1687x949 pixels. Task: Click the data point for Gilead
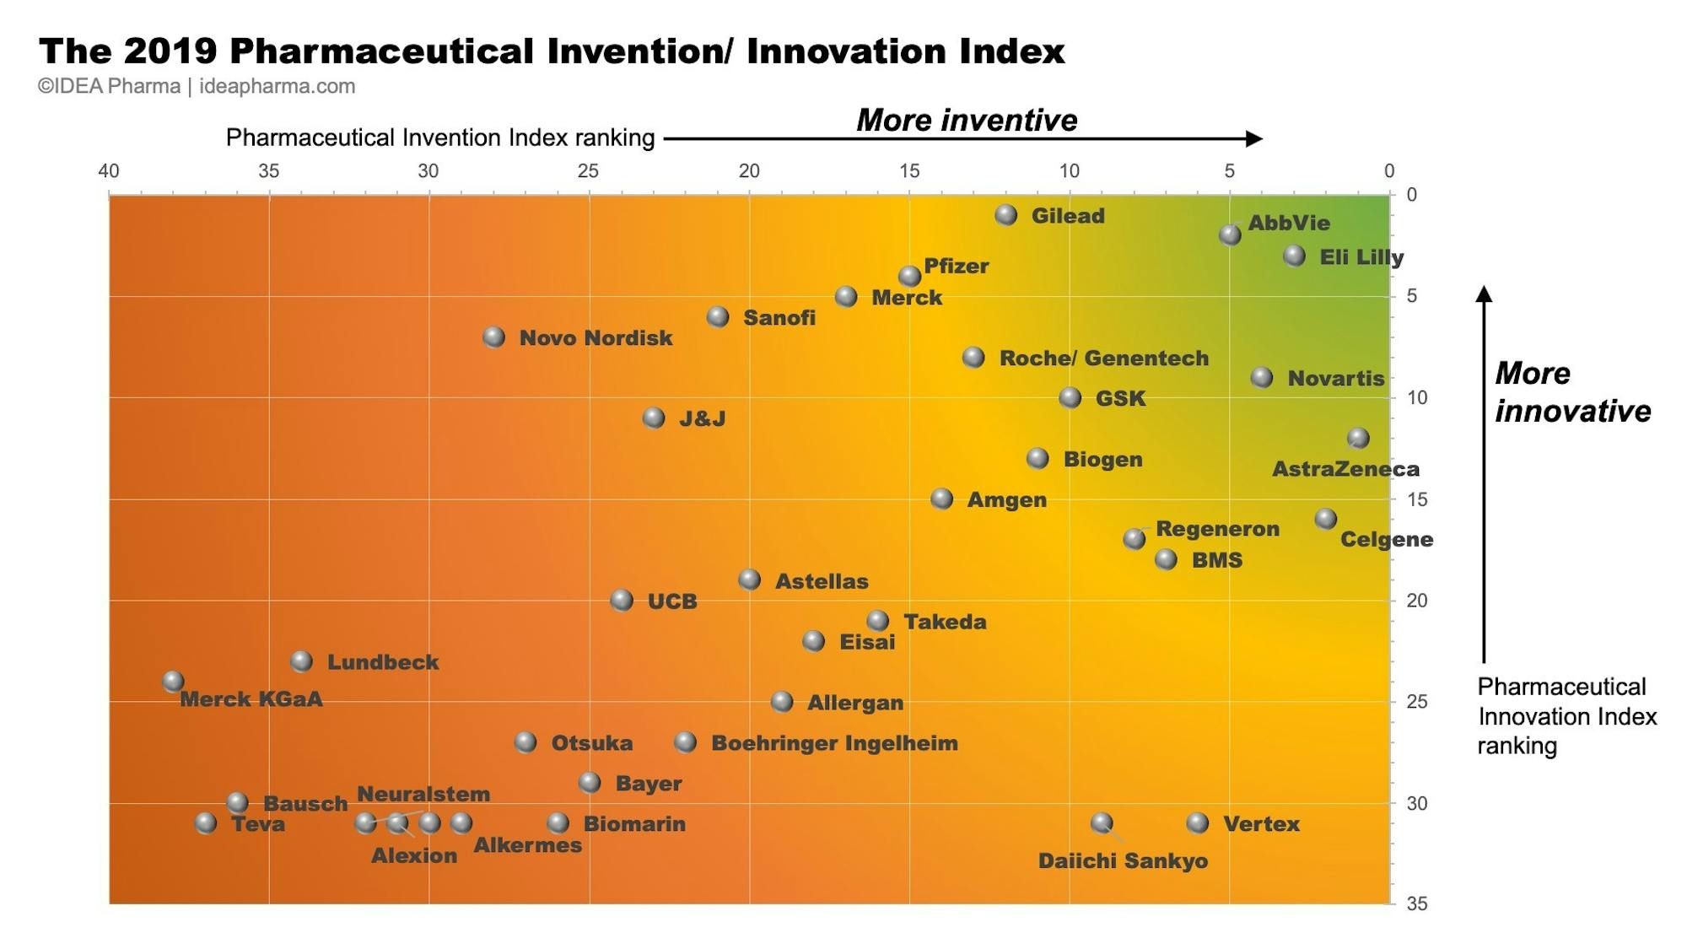[1005, 215]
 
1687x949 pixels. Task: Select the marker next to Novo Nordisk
[494, 337]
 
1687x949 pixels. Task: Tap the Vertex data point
[1198, 822]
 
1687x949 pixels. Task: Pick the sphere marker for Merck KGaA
[173, 681]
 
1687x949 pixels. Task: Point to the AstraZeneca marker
[1358, 438]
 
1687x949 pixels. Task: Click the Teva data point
[206, 822]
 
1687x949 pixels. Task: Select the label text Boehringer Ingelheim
[834, 743]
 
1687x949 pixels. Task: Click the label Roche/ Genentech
[1103, 358]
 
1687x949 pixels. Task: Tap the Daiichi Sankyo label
[1123, 861]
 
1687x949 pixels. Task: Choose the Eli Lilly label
[1361, 257]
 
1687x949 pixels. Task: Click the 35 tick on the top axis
[268, 171]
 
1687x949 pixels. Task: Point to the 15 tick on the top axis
[908, 171]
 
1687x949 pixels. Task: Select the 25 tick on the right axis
[1417, 702]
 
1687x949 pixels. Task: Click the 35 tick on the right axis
[1417, 903]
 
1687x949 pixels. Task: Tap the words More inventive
[967, 120]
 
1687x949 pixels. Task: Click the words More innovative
[1572, 392]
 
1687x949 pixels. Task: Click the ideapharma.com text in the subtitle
[277, 86]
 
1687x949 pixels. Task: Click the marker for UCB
[622, 600]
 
